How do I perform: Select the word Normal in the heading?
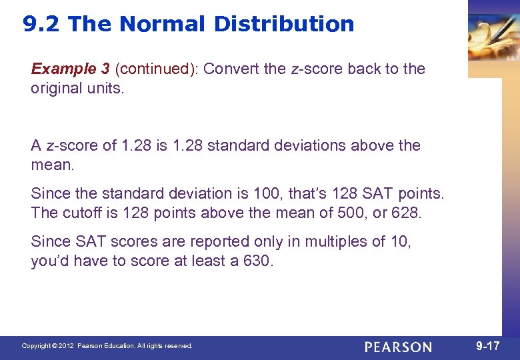tap(163, 25)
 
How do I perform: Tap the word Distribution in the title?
tap(284, 25)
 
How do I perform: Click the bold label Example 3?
tap(71, 69)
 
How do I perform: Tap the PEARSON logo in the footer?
tap(398, 347)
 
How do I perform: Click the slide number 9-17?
tap(487, 346)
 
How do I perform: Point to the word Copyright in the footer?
tap(37, 346)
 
